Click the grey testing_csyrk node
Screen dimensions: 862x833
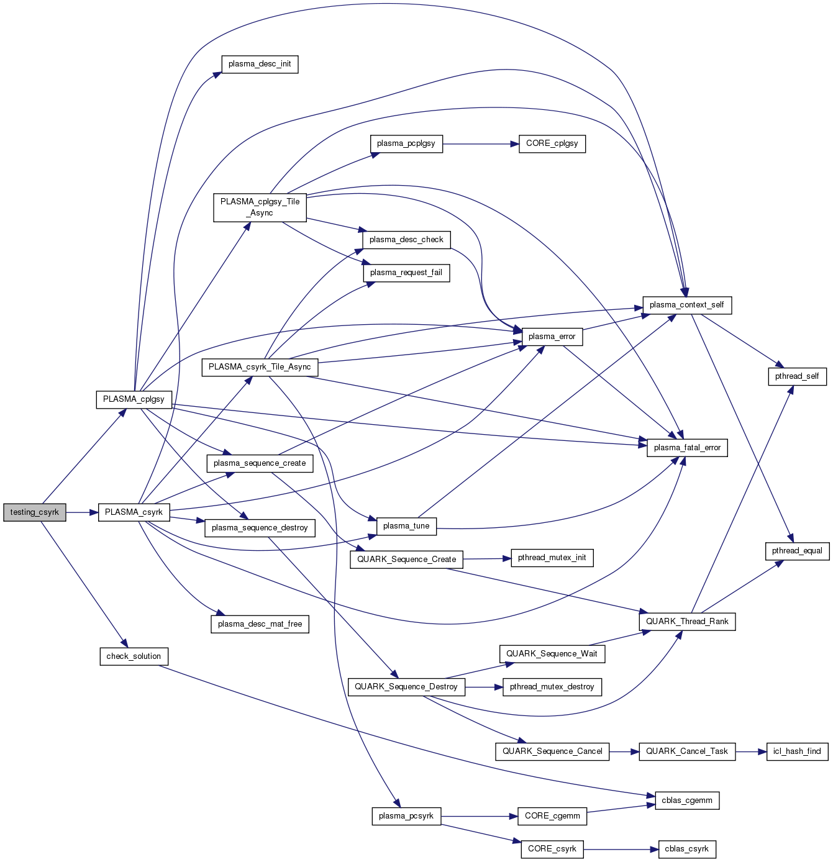point(34,512)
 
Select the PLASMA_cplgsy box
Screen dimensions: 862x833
point(134,399)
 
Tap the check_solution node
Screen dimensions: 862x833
point(134,656)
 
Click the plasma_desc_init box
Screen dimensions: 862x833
point(260,64)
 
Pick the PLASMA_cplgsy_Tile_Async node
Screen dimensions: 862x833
point(260,207)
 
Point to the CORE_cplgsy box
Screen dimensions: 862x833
point(552,143)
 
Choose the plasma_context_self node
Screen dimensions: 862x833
point(686,305)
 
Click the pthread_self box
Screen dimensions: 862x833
point(797,376)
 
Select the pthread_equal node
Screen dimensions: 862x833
point(797,551)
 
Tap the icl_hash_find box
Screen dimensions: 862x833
point(797,751)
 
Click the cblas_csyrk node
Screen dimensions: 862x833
point(686,849)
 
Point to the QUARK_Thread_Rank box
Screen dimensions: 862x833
point(687,622)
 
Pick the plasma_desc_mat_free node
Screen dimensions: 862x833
point(260,624)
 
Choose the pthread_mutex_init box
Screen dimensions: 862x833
point(552,558)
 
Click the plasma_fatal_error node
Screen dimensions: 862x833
point(687,448)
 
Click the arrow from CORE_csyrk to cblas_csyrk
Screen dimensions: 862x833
point(621,849)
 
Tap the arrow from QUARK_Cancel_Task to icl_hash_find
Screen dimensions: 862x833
point(750,751)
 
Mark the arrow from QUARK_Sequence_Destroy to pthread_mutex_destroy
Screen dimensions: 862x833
point(483,687)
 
